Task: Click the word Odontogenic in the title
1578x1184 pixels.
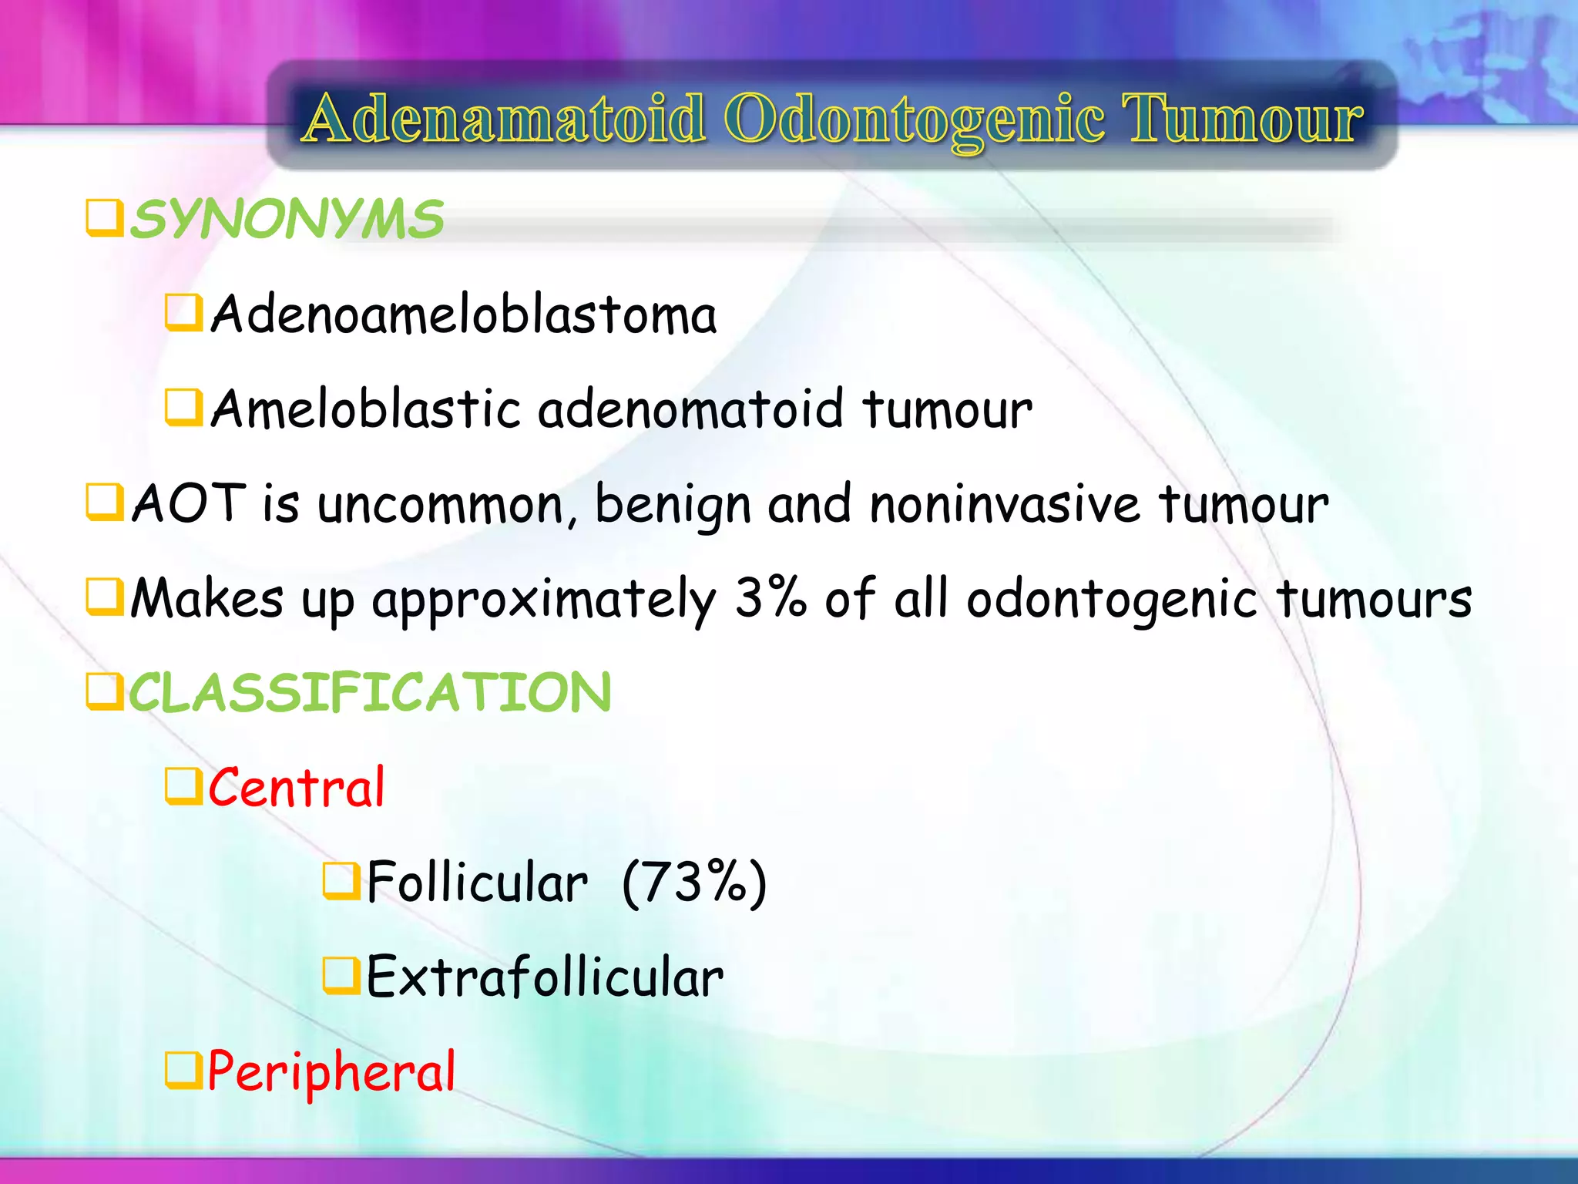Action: (915, 119)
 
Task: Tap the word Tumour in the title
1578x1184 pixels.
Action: (1242, 119)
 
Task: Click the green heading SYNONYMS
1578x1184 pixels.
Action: (287, 220)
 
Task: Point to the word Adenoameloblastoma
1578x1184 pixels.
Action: (464, 315)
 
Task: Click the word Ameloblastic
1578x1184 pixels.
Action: (366, 409)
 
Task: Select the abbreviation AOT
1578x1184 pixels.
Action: (189, 504)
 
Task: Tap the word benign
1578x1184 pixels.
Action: (673, 506)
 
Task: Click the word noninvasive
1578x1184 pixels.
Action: (1004, 504)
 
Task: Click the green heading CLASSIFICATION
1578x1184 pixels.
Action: (370, 692)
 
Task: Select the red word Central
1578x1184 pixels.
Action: (297, 788)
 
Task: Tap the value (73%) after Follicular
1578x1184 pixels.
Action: (694, 883)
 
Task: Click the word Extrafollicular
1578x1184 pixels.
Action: (545, 977)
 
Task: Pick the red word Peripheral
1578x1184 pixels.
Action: (332, 1072)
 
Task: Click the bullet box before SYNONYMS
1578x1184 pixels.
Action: (104, 218)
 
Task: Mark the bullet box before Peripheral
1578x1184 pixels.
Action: (183, 1071)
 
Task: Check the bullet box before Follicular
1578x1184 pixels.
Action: (341, 881)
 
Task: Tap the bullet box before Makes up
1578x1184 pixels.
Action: (104, 597)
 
